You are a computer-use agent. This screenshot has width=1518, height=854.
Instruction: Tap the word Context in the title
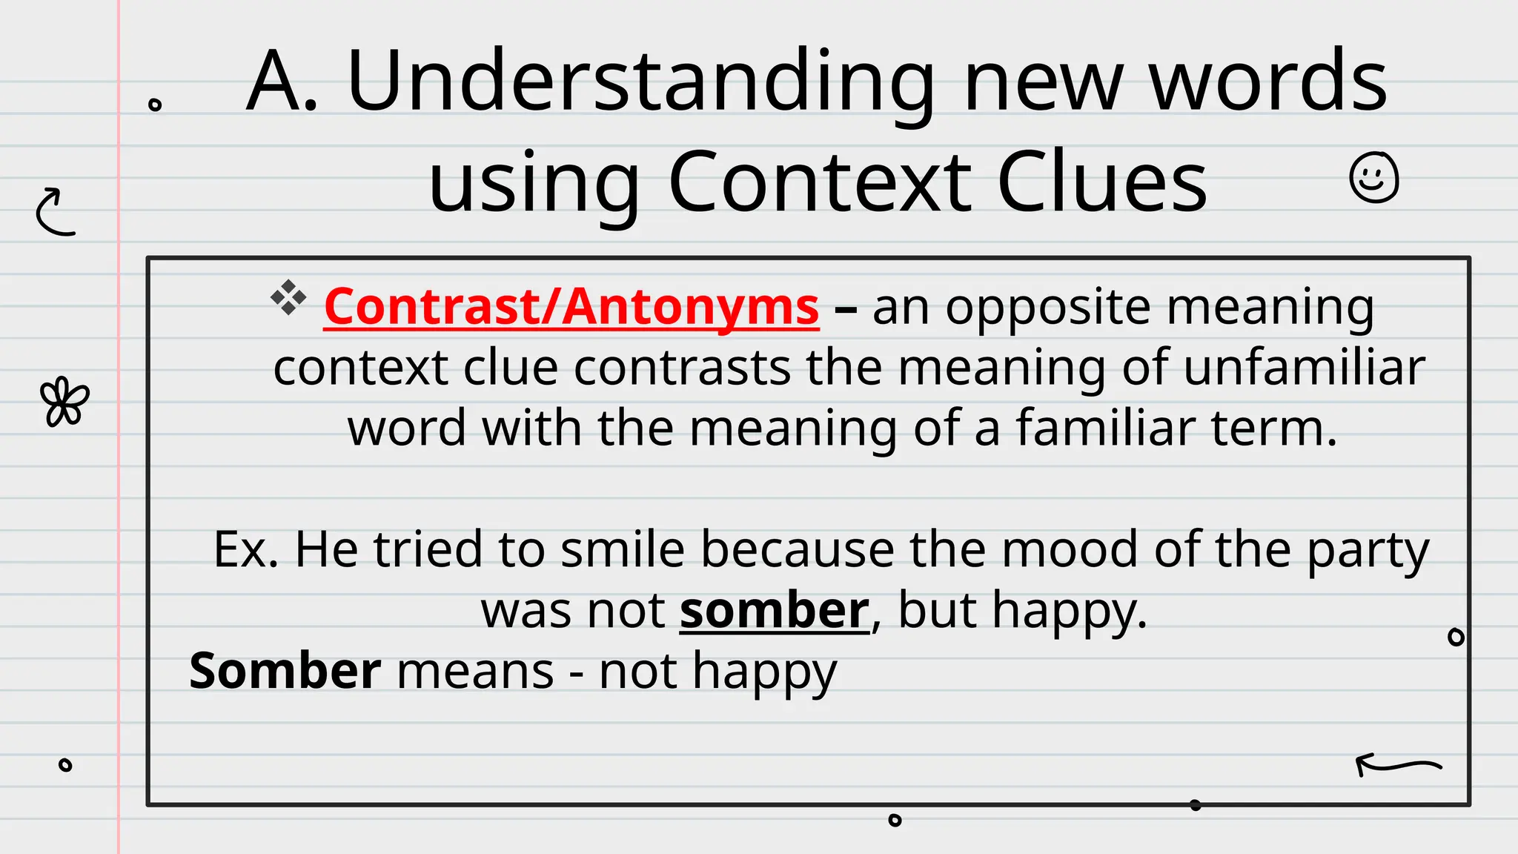coord(820,182)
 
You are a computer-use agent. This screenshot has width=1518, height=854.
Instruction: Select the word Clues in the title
coord(1102,182)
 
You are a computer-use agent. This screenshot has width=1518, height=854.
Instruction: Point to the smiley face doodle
coord(1373,178)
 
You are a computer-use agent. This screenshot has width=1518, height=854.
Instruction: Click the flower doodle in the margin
coord(64,402)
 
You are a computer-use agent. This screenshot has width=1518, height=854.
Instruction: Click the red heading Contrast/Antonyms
coord(571,306)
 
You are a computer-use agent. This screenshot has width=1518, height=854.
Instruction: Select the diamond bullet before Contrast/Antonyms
coord(288,298)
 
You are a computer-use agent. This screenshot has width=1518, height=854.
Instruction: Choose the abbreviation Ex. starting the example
coord(245,549)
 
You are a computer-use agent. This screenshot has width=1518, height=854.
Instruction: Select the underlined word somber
coord(774,611)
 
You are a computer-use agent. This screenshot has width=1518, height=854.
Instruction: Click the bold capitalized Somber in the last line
coord(285,671)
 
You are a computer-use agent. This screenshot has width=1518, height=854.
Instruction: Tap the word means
coord(475,672)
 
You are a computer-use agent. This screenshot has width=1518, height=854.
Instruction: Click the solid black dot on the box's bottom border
coord(1195,805)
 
